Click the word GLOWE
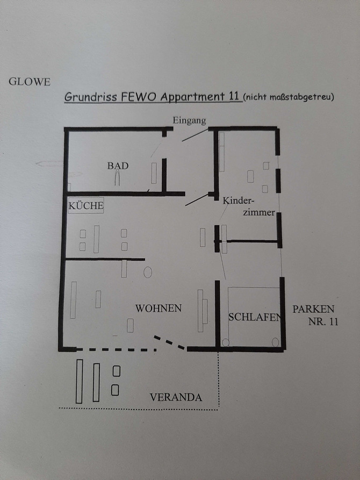click(x=29, y=82)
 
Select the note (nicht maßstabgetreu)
click(x=289, y=97)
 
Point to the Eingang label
click(x=189, y=120)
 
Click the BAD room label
click(x=118, y=166)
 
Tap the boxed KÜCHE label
click(x=85, y=205)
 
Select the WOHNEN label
click(x=159, y=309)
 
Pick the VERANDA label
click(x=176, y=398)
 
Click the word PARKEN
click(x=313, y=309)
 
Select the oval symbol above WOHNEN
click(x=148, y=272)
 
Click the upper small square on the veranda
click(x=116, y=371)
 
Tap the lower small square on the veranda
click(x=115, y=390)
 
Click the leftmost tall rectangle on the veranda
click(x=79, y=381)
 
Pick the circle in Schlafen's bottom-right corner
click(x=276, y=341)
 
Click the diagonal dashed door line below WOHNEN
click(x=170, y=342)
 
